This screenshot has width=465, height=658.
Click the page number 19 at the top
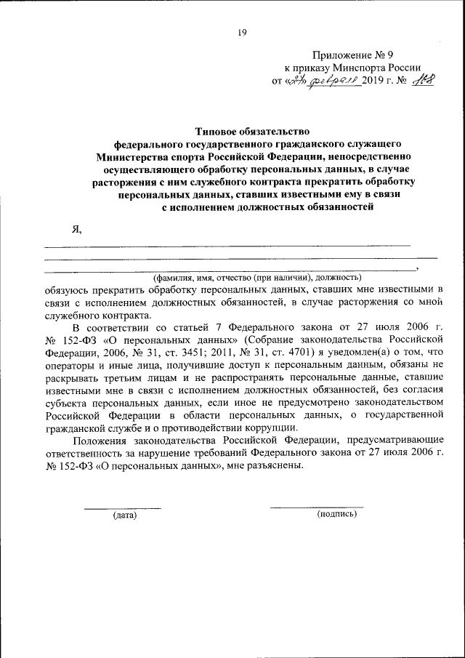point(242,31)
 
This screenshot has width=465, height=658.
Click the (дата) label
point(124,515)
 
